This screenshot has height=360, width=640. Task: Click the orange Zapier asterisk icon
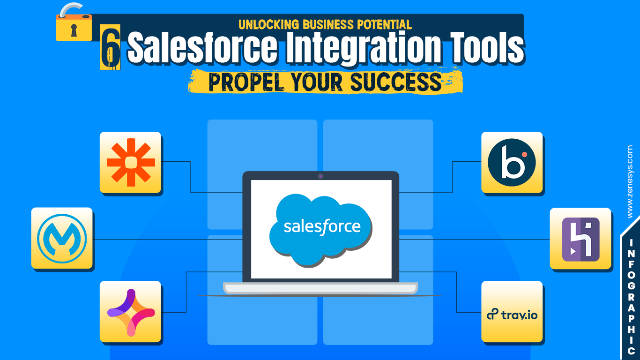pos(130,162)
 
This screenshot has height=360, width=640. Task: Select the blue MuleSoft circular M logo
pos(62,238)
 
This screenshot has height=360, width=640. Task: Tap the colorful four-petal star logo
pos(131,312)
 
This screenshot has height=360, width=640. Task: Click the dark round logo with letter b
pos(512,162)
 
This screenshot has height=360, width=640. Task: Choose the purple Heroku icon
pos(580,239)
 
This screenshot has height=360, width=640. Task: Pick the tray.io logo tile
pos(512,314)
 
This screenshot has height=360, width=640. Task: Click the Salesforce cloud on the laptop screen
pos(322,228)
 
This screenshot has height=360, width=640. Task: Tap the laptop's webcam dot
pos(320,176)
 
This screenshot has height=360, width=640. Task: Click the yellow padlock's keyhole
pos(73,30)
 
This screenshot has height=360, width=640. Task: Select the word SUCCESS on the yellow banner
pos(395,82)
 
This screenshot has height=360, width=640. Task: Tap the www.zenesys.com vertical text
pos(630,181)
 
